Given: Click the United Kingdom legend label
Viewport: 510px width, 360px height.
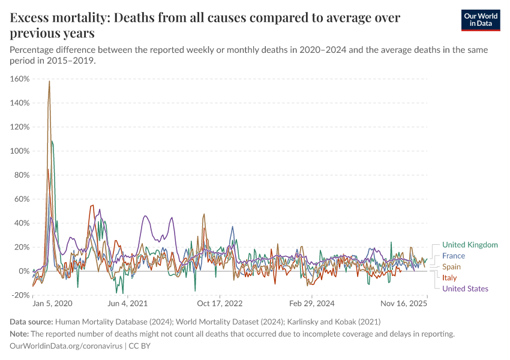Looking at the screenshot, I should coord(470,245).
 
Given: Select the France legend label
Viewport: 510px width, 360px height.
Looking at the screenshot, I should coord(454,256).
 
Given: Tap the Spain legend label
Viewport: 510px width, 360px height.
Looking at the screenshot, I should coord(452,266).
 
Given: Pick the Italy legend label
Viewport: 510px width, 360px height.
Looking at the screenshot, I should coord(449,278).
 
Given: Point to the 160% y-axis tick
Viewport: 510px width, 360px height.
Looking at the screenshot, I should coord(20,79).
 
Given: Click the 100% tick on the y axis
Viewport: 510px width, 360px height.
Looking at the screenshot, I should coord(20,151).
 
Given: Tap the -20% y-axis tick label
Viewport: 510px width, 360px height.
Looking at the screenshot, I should coord(20,295).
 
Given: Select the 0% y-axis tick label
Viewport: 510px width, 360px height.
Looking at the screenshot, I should coord(23,271).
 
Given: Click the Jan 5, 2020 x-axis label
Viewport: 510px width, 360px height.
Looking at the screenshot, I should coord(52,304).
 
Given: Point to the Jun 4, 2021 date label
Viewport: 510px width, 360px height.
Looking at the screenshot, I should coord(127,304).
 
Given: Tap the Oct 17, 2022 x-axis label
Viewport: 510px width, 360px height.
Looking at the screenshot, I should coord(220,304).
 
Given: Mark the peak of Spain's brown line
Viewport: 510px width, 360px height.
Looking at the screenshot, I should coord(49,81).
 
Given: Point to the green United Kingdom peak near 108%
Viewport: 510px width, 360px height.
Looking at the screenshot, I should coord(52,142).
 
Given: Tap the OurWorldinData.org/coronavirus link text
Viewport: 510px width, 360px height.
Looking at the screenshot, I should coord(66,346).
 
